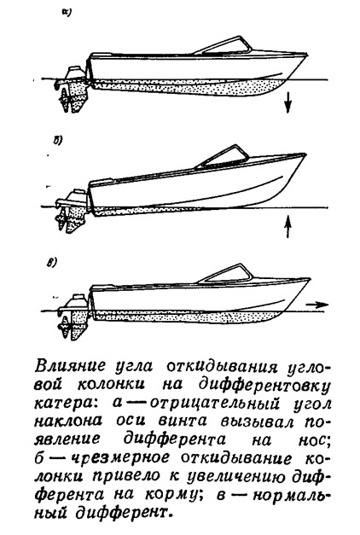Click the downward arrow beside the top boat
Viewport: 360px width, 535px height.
(x=288, y=102)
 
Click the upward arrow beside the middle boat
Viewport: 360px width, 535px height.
(x=288, y=226)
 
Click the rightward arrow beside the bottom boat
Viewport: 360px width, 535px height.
(x=317, y=305)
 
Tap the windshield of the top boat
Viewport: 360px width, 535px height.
(x=223, y=45)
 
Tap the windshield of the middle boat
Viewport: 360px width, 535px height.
(x=223, y=156)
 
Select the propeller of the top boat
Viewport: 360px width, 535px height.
(x=65, y=99)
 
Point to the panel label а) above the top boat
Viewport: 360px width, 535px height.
(x=66, y=13)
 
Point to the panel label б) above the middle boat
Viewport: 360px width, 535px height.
(x=57, y=141)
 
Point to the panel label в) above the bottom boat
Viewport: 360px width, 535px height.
(x=51, y=264)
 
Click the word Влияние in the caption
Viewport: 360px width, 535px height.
(x=70, y=367)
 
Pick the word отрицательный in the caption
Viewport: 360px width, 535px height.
(x=215, y=404)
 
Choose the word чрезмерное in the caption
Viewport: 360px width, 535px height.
(x=122, y=457)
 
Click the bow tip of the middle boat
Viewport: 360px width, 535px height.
(x=305, y=154)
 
